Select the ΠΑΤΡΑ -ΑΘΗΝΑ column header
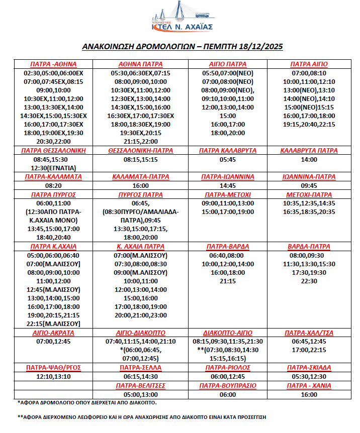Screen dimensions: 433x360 [53, 64]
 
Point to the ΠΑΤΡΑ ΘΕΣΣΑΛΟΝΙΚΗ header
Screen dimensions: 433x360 [53, 150]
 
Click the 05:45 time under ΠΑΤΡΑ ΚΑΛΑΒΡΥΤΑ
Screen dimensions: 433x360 [228, 159]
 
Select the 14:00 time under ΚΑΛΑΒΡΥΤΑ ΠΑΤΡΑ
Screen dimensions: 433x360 [309, 159]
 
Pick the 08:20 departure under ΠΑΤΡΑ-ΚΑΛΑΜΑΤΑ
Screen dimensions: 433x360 [53, 185]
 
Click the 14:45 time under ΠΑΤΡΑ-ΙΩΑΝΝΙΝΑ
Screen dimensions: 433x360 [228, 185]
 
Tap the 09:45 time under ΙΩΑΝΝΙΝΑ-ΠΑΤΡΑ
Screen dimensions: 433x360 [309, 185]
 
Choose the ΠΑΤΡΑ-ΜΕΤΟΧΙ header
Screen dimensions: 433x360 [228, 194]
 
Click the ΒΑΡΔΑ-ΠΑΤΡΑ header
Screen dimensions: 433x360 [309, 247]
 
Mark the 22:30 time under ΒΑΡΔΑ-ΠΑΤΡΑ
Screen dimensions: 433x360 [309, 281]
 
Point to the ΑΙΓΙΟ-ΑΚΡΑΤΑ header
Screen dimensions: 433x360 [53, 333]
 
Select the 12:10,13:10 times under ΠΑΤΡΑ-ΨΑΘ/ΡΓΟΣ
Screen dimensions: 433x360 [53, 376]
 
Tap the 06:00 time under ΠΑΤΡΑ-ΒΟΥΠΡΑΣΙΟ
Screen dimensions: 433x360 [228, 394]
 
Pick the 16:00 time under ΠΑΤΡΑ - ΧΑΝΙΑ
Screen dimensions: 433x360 [309, 394]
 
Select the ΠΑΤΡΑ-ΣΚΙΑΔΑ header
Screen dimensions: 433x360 [309, 368]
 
